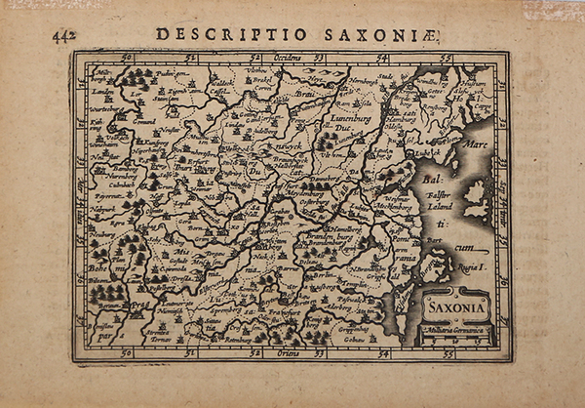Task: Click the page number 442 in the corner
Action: (64, 36)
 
